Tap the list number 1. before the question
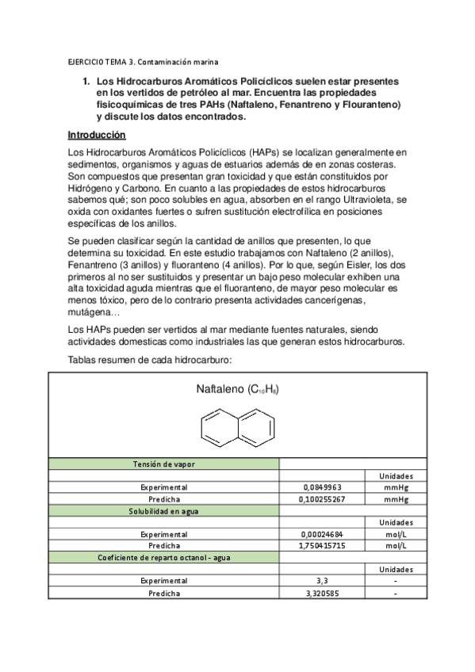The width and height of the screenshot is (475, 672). (87, 82)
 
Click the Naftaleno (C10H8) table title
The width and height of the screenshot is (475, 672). (237, 390)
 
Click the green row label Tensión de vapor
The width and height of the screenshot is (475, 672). (164, 464)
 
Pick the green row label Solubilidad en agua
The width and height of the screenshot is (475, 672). (164, 511)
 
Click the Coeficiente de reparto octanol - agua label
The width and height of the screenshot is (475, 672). (164, 558)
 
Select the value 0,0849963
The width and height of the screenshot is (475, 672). (323, 487)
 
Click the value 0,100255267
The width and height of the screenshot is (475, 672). (323, 499)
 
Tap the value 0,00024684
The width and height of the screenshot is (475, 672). (323, 534)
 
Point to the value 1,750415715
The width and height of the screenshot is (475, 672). (323, 546)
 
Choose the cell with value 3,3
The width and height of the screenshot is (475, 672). (323, 581)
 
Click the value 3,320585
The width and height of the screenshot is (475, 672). (323, 593)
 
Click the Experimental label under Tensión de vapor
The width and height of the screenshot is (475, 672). (164, 487)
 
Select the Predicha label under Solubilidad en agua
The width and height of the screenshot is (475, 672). (164, 546)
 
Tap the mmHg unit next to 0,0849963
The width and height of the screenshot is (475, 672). (396, 487)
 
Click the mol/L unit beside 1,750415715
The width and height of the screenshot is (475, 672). (396, 546)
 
